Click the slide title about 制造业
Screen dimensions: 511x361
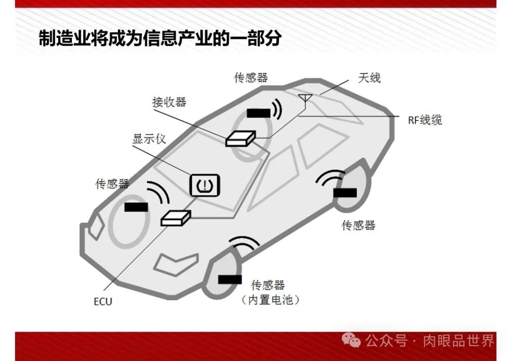[x=159, y=38]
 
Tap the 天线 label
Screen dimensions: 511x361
[x=369, y=78]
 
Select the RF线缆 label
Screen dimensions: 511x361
[x=425, y=120]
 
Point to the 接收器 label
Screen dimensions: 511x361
[x=169, y=102]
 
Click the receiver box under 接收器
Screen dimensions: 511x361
[x=240, y=138]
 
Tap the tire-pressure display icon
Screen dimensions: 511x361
[x=205, y=185]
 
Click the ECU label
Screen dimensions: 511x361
[x=103, y=301]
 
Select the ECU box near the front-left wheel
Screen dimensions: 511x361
[x=175, y=218]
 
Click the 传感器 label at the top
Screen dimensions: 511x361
[x=251, y=78]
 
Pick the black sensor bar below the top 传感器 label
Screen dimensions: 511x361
[x=258, y=113]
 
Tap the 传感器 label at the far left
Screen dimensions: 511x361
[x=112, y=184]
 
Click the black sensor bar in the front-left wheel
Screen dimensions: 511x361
[x=136, y=207]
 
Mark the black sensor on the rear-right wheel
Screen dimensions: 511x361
[x=345, y=193]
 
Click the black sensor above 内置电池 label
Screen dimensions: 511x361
[x=230, y=279]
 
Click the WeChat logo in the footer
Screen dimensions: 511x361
[x=352, y=339]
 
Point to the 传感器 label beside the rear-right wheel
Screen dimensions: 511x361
[x=358, y=225]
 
